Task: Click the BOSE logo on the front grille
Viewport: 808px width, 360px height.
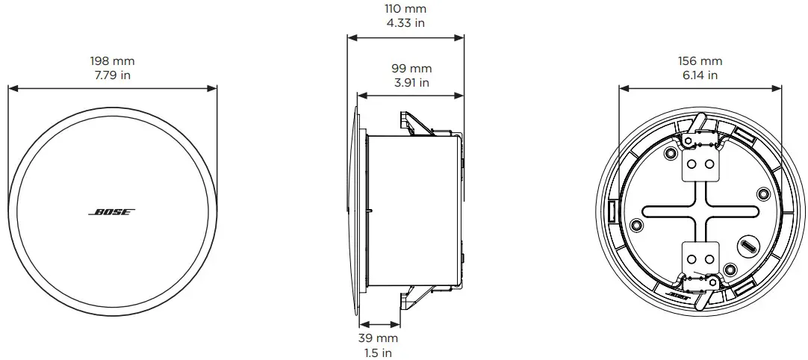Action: (112, 212)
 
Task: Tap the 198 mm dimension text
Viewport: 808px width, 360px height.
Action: (112, 61)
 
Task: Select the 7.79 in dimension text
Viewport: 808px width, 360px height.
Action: (112, 75)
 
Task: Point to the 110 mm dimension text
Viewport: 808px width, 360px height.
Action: (405, 9)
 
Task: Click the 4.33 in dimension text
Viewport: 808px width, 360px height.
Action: (405, 23)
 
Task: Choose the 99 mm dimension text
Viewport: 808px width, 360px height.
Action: (411, 69)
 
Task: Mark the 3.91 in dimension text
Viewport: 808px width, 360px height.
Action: (411, 83)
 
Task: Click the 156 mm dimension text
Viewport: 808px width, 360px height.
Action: (700, 61)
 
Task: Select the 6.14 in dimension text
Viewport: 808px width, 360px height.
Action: (700, 75)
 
